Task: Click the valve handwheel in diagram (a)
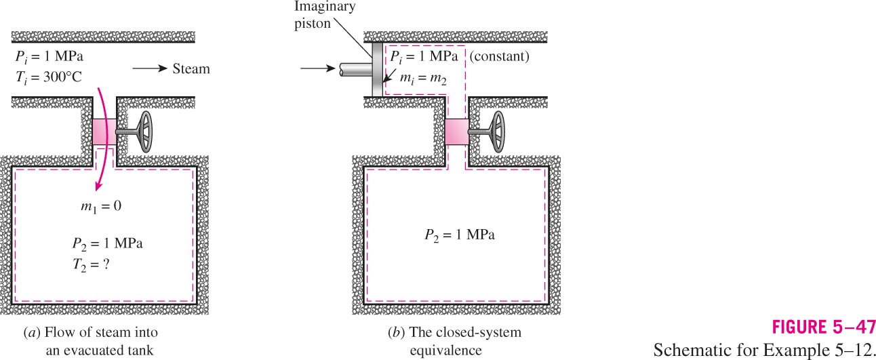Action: (146, 132)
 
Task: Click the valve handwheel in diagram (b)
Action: (498, 132)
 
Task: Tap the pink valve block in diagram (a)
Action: (104, 132)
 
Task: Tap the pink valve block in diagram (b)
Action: (457, 132)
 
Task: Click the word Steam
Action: (191, 68)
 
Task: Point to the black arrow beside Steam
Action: (150, 68)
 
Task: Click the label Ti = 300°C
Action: (49, 77)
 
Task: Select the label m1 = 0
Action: (101, 206)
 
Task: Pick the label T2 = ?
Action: (91, 265)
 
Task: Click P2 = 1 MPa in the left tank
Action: (108, 244)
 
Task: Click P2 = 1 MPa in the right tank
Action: (460, 235)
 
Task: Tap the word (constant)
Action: (500, 56)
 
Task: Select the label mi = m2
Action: (423, 78)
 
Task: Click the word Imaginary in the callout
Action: (325, 7)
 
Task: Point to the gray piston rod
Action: (356, 69)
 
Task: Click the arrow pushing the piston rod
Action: (318, 68)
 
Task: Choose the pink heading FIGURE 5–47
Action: (824, 327)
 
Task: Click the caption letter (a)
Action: (32, 332)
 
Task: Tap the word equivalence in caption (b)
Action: (446, 351)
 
